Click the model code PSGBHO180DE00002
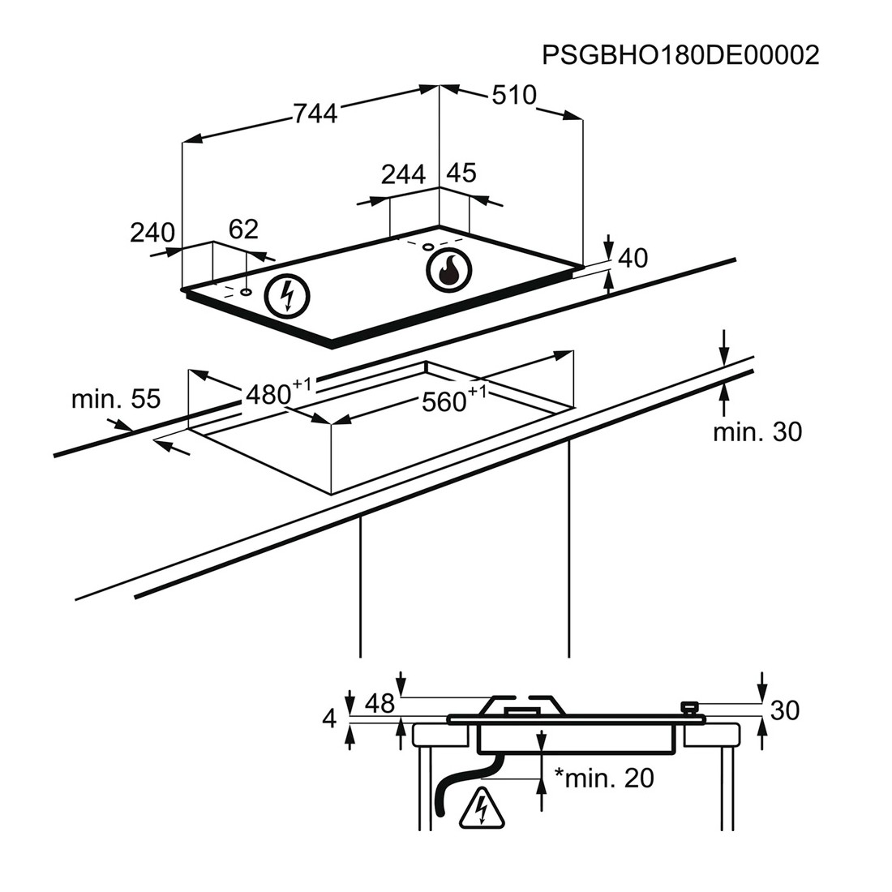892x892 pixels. click(680, 54)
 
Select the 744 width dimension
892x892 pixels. click(315, 114)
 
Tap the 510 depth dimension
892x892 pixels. click(514, 96)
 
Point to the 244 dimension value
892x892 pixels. click(403, 174)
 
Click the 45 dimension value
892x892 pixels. click(461, 173)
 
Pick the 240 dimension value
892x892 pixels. click(152, 233)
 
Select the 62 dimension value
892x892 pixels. click(243, 229)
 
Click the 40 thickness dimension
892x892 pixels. click(633, 258)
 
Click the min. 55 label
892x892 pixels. click(115, 398)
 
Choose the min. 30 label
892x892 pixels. click(757, 432)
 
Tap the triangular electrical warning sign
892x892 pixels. click(482, 808)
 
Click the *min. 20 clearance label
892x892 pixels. click(603, 778)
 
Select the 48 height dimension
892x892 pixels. click(379, 704)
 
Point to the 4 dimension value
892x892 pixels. click(328, 718)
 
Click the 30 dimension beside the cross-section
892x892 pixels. click(784, 710)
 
